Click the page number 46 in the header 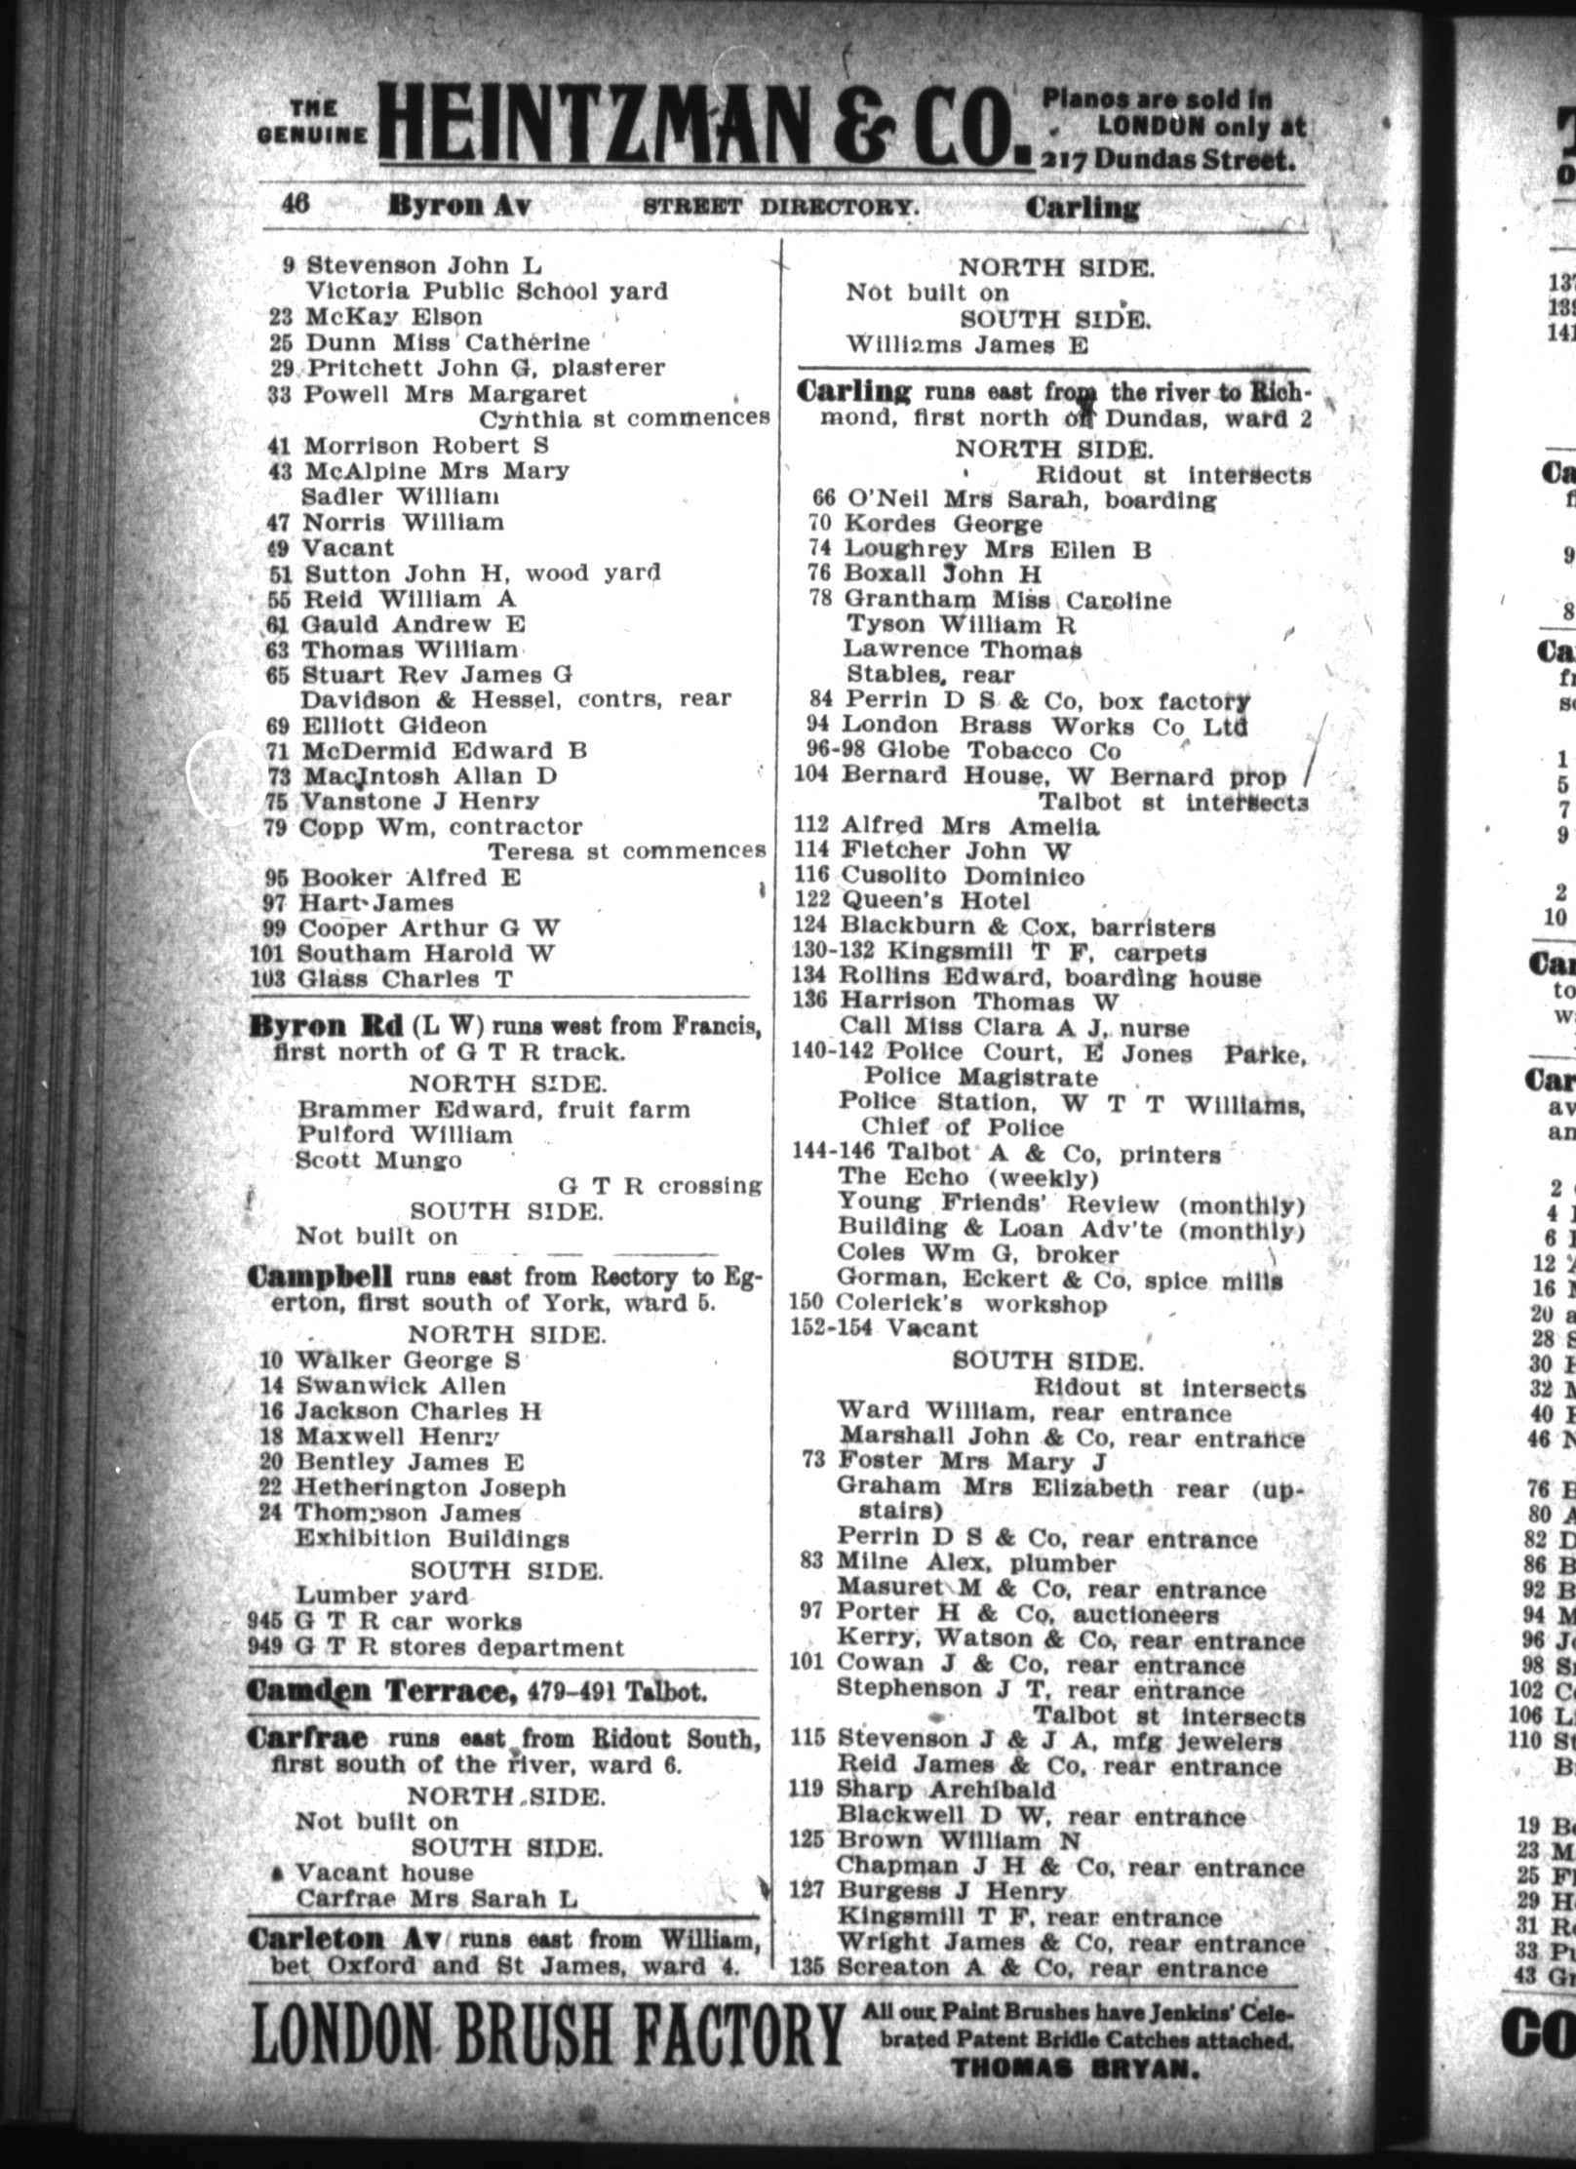click(295, 204)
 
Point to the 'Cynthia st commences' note click(623, 418)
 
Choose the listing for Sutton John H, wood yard click(480, 572)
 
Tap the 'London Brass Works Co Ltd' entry click(1044, 726)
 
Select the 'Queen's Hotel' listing click(935, 901)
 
